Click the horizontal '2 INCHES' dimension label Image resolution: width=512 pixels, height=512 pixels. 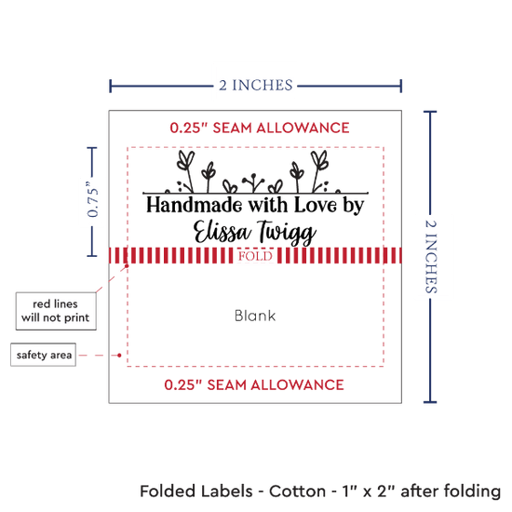coord(256,86)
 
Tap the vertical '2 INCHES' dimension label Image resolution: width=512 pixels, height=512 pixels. coord(431,256)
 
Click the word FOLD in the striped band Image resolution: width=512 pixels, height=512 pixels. coord(255,256)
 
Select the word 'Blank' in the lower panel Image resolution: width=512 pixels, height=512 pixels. coord(255,316)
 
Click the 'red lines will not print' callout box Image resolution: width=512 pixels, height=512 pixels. coord(56,311)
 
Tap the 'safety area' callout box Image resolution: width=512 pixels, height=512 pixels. coord(44,355)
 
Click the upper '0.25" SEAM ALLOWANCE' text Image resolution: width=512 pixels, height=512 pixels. coord(260,128)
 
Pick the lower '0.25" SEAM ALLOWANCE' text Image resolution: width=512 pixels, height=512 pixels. coord(254,384)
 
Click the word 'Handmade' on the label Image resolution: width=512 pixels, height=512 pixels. coord(195,206)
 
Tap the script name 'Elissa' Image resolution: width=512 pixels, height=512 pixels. coord(222,232)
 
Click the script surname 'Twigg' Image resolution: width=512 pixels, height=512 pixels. coord(287,233)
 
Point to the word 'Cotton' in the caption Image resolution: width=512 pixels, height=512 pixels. coord(297,492)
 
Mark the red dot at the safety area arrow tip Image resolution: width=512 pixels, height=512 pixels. coord(119,355)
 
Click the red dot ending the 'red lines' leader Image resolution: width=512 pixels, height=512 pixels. coord(127,266)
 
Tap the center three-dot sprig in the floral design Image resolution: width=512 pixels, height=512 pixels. coord(253,182)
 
